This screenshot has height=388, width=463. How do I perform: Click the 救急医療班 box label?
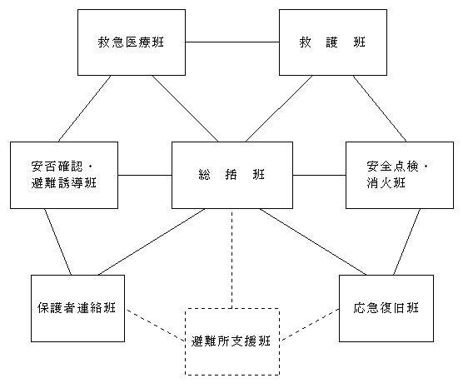point(131,42)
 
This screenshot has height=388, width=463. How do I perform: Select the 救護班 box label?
point(332,42)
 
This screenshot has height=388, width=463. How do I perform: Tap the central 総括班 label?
point(231,175)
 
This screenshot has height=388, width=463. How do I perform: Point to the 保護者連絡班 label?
point(77,308)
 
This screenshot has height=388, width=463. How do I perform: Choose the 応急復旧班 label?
point(386,308)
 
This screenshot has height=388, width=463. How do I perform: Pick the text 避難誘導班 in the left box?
point(64,183)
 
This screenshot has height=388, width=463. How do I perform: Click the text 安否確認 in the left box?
point(57,167)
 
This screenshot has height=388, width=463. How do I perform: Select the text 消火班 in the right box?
point(386,183)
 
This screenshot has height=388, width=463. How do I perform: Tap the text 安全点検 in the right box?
point(393,167)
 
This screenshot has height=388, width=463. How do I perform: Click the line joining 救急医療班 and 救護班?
point(232,42)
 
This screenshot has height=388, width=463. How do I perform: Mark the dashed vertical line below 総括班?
point(232,259)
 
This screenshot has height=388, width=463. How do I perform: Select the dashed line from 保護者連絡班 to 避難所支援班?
point(156,325)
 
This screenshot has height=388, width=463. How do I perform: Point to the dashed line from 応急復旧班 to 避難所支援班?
point(310,325)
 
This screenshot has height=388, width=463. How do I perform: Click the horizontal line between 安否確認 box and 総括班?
point(145,175)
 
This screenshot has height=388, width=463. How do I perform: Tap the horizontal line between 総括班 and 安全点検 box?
point(320,175)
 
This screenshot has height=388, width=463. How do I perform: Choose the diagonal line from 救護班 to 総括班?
point(279,109)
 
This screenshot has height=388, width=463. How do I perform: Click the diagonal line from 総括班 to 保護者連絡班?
point(152,241)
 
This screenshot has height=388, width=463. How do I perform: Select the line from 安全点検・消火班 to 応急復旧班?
point(407,241)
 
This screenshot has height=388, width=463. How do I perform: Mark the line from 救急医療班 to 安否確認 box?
point(84,109)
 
